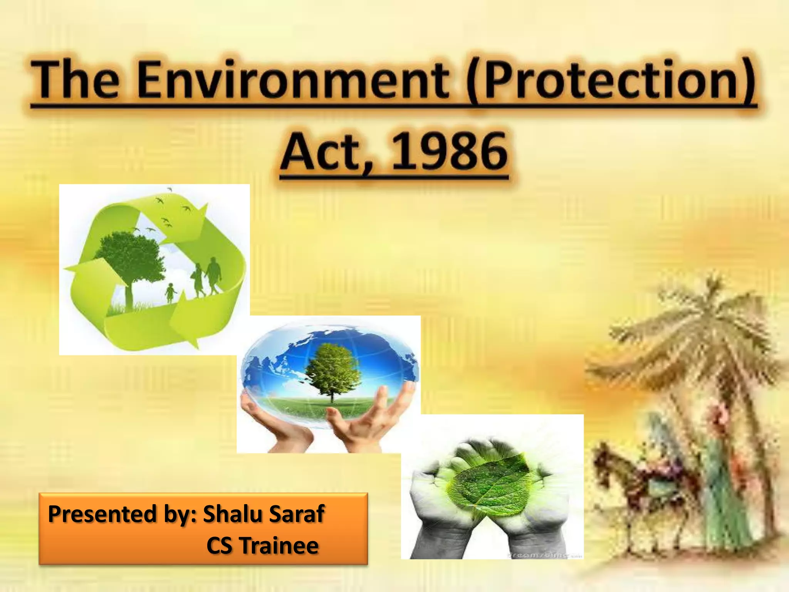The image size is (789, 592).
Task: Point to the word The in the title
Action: pos(75,81)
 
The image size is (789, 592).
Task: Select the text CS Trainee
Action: pos(262,546)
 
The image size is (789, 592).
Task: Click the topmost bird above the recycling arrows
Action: pos(170,189)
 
